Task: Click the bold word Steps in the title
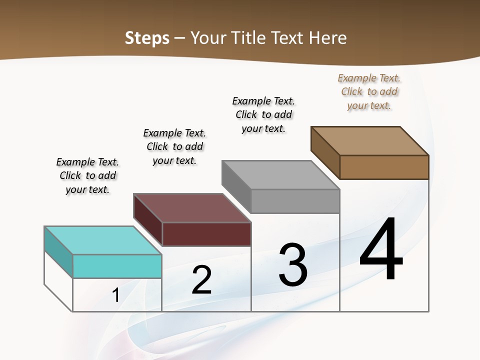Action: (147, 38)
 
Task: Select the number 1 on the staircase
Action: (115, 295)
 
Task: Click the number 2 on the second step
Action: (201, 280)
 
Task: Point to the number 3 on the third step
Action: (293, 264)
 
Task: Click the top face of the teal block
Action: (102, 240)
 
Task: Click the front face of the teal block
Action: (117, 266)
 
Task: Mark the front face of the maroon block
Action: (206, 234)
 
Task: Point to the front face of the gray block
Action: (295, 201)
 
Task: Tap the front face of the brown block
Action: (384, 167)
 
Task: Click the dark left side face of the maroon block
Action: (148, 220)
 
